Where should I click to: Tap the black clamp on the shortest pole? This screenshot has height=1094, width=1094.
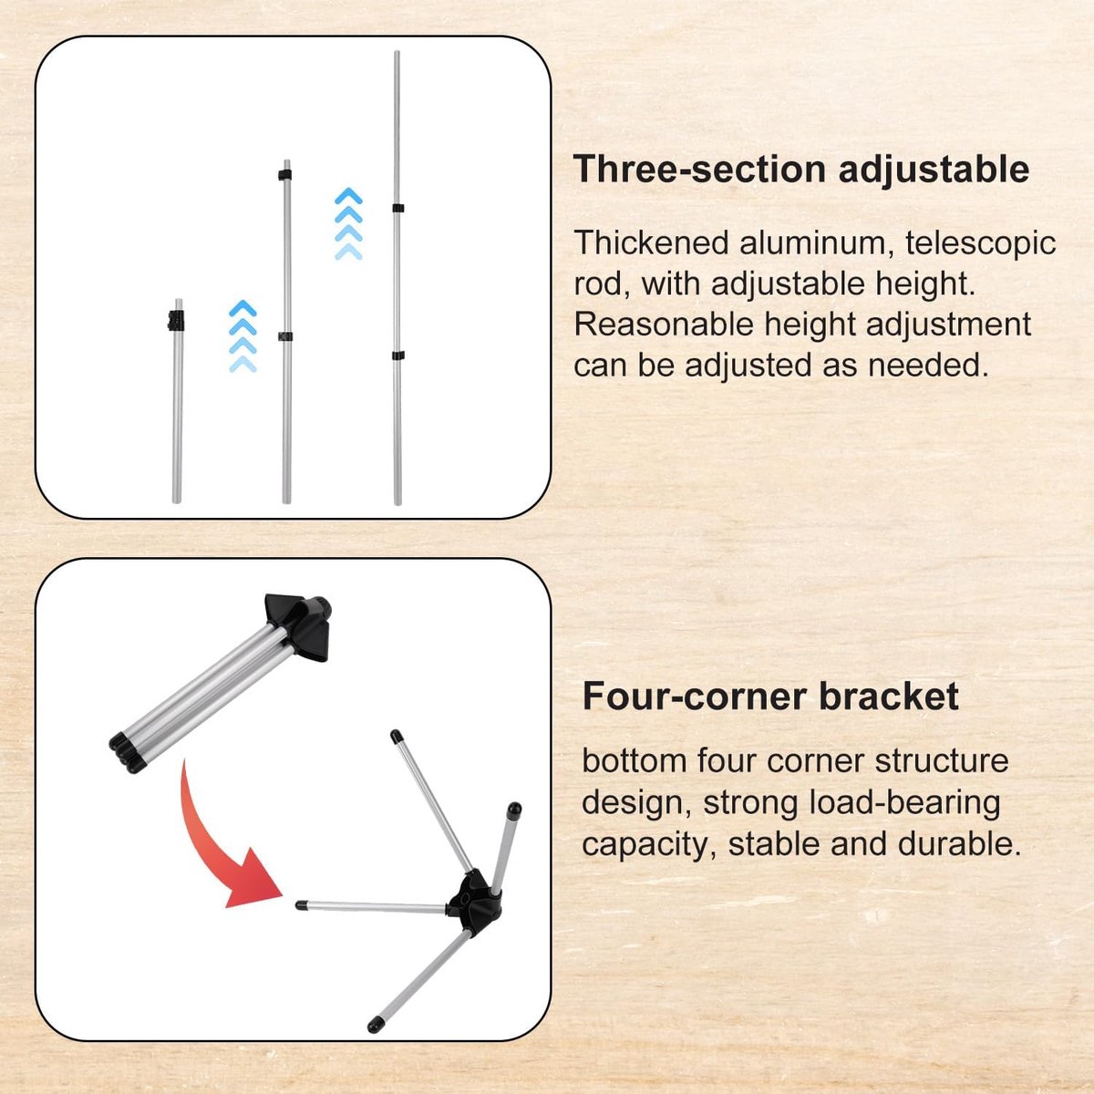177,321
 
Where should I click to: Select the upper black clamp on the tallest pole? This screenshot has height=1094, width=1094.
398,208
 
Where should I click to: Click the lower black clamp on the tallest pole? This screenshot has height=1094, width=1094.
398,356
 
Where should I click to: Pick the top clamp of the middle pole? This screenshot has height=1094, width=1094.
285,175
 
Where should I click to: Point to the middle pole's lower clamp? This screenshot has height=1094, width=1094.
285,336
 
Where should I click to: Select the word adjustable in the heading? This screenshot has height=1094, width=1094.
934,170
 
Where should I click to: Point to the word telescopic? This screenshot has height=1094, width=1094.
980,244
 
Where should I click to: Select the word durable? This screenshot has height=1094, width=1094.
959,844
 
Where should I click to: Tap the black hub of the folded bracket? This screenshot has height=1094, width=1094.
299,625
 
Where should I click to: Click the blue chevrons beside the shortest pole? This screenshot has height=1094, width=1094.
243,336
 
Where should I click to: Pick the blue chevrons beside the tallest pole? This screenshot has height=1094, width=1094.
348,223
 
